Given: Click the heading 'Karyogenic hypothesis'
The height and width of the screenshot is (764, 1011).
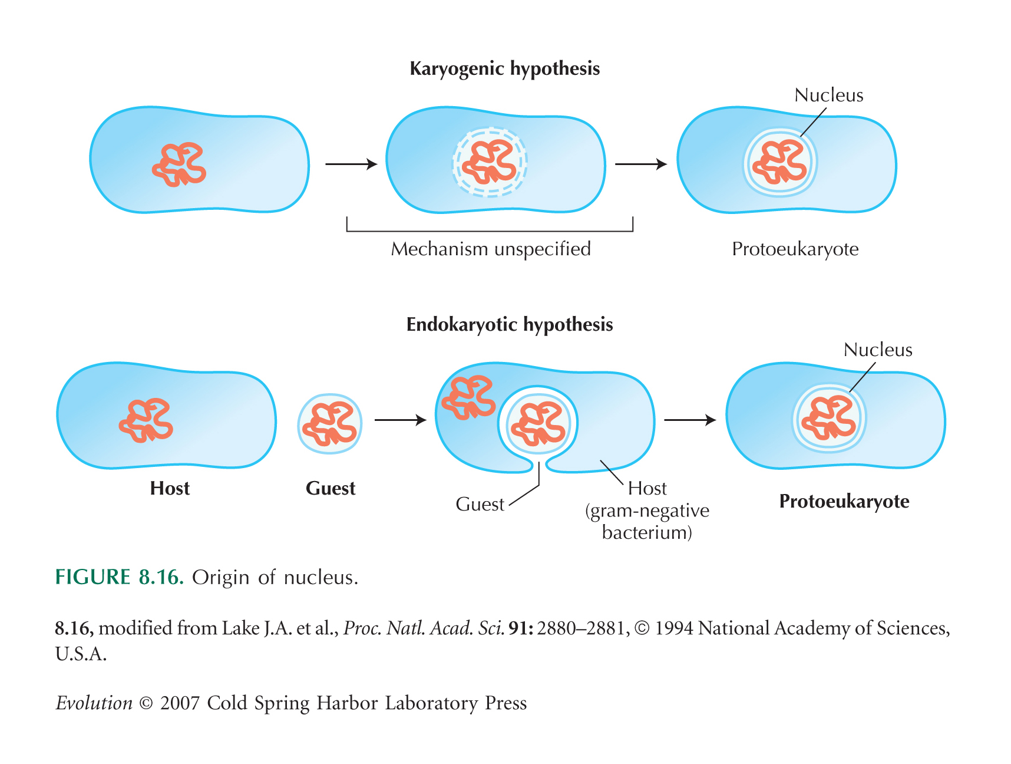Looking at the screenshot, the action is click(x=505, y=69).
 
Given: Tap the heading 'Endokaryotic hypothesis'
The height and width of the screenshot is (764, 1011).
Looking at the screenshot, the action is click(x=510, y=325).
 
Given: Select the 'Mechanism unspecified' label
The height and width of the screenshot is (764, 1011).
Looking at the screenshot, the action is click(x=491, y=249).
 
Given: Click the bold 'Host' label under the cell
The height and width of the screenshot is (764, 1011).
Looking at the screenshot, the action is click(x=170, y=488).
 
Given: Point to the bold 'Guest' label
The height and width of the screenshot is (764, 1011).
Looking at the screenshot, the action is click(x=331, y=488).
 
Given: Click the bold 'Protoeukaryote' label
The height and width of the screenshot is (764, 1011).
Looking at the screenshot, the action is click(x=844, y=502).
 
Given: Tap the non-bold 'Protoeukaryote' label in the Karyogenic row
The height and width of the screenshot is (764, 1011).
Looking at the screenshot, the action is click(x=795, y=249).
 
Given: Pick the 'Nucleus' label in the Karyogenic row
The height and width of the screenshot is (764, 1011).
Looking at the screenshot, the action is click(x=829, y=95).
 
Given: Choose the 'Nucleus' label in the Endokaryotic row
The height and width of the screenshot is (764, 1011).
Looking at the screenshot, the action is click(x=878, y=350).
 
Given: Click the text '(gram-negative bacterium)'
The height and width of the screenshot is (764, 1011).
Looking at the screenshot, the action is click(x=647, y=521).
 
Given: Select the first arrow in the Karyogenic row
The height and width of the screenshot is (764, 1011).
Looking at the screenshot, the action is click(x=351, y=164).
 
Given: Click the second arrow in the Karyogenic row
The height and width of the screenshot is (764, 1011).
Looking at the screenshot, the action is click(x=641, y=164).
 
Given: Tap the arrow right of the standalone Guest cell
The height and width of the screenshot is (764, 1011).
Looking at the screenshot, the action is click(x=401, y=420).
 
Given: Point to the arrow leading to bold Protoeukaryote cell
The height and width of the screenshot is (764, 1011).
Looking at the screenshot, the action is click(x=690, y=420).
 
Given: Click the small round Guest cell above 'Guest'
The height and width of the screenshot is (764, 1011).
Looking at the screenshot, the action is click(x=330, y=424).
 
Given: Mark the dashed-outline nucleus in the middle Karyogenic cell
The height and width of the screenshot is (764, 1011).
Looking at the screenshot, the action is click(x=490, y=162).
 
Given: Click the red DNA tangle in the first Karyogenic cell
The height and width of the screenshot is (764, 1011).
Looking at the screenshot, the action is click(x=179, y=164).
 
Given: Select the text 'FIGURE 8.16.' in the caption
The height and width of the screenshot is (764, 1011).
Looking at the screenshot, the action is click(x=120, y=577).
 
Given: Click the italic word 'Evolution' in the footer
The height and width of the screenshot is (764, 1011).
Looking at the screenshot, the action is click(x=94, y=703).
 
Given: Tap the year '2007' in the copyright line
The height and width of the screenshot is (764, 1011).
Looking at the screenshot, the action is click(x=180, y=703).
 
